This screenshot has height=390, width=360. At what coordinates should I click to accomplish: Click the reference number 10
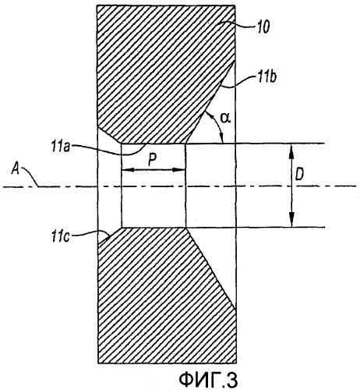pos(263,27)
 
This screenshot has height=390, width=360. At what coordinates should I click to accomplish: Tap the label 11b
pos(266,77)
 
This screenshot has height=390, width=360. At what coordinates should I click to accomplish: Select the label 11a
pos(61,147)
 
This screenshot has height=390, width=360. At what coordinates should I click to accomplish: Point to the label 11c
pos(61,236)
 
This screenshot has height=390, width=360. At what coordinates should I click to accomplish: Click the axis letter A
pos(16,169)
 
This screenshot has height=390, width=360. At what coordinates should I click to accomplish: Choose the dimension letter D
pos(299,175)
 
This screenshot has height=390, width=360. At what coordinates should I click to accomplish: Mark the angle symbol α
pos(225,119)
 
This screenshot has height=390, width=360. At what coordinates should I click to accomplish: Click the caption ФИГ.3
pos(208,380)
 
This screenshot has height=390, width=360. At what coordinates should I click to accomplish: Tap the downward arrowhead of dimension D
pos(291,221)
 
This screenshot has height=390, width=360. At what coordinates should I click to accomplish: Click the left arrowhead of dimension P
pos(128,170)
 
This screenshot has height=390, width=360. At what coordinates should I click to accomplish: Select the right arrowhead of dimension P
pos(179,170)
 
